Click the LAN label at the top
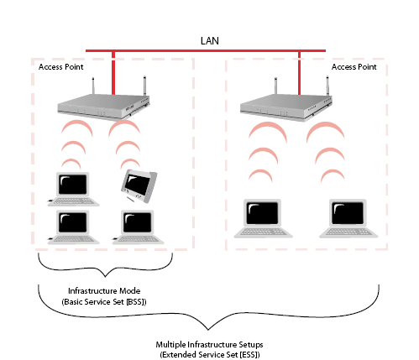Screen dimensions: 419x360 210,41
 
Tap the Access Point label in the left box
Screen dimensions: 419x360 61,67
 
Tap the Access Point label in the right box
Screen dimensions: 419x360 354,67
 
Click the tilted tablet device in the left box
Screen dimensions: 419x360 139,185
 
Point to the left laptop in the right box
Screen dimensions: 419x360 263,218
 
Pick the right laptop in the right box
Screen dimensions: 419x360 348,218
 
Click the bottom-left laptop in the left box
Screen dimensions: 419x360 73,227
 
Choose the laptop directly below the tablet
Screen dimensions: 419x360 138,227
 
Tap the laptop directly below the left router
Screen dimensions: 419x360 73,189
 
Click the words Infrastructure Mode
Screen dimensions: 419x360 104,291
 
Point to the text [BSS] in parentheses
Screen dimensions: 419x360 136,302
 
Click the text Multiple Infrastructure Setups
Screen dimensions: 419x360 209,344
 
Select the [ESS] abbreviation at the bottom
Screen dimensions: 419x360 250,355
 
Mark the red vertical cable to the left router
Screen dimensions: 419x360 113,73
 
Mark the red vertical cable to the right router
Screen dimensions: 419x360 299,73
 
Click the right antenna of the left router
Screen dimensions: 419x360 144,86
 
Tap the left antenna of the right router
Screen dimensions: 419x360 275,86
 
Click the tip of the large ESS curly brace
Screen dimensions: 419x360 207,330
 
